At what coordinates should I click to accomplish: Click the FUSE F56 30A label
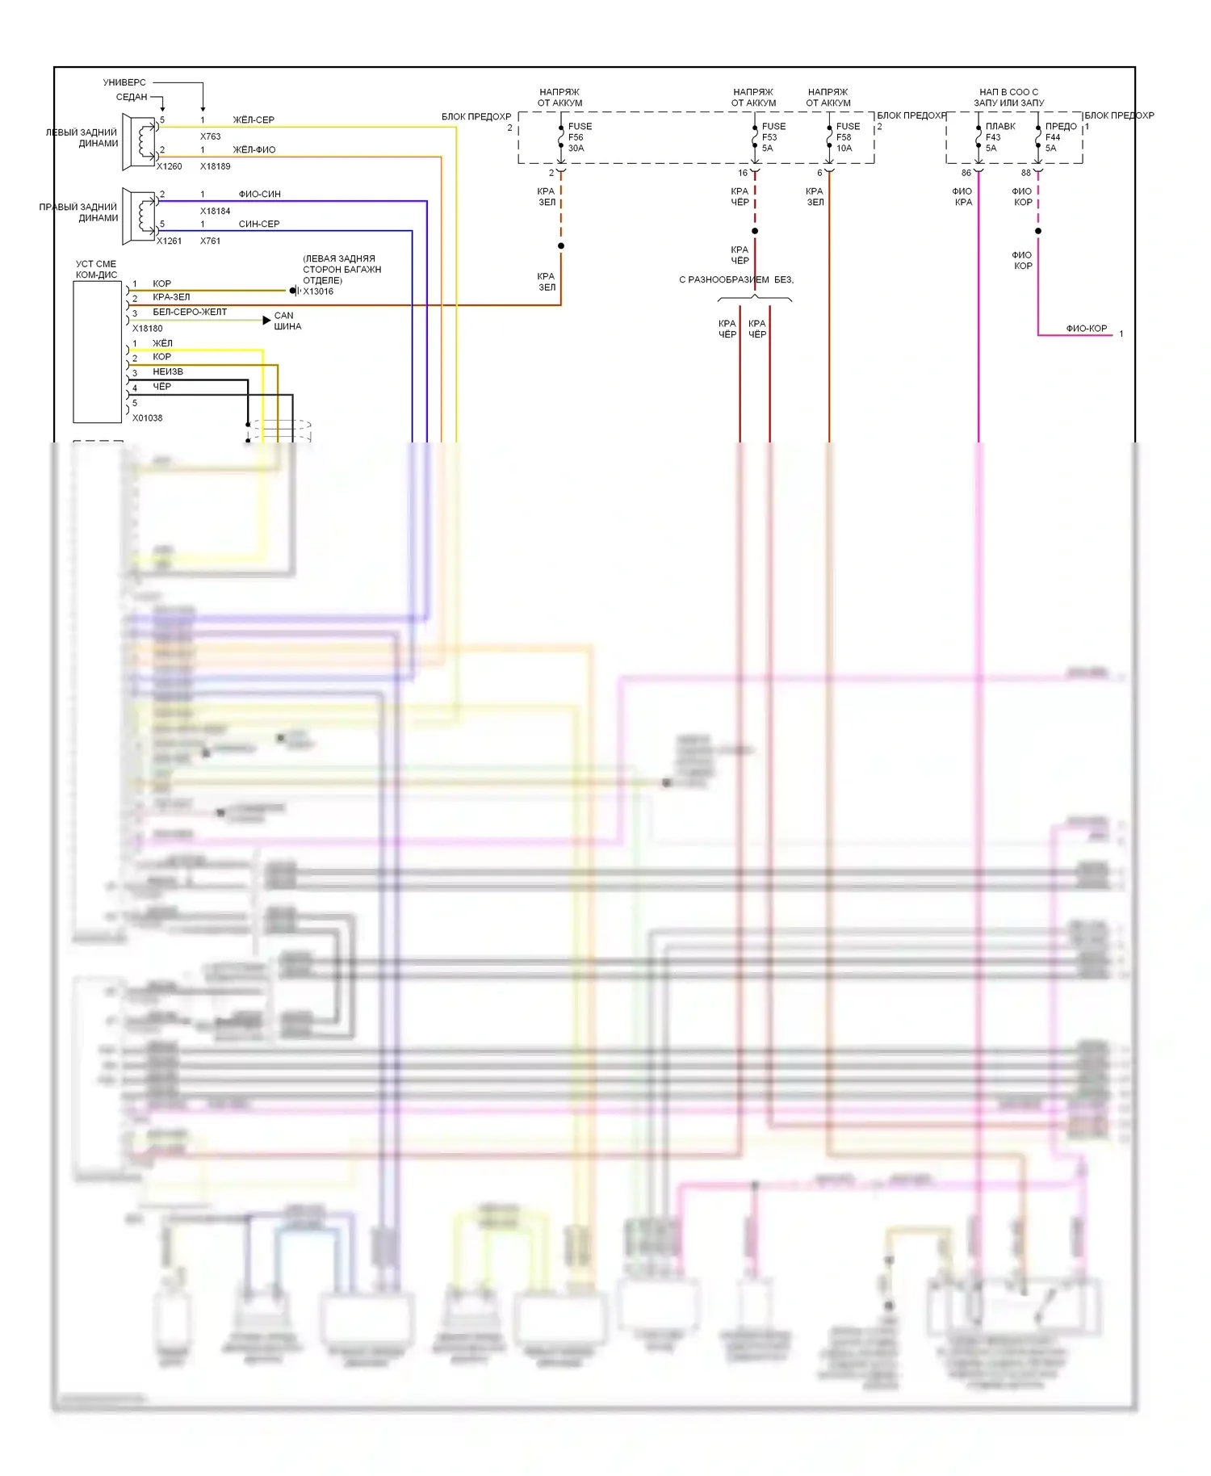point(579,137)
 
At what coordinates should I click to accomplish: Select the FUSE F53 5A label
point(773,137)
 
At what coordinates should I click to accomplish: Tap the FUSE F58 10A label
point(847,137)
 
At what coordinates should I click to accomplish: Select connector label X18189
point(216,166)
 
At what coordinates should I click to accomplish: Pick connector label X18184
point(216,212)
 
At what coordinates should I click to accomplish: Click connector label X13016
point(318,291)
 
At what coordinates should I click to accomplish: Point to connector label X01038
point(148,418)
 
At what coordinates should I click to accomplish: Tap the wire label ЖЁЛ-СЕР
point(254,120)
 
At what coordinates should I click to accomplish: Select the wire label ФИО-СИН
point(259,195)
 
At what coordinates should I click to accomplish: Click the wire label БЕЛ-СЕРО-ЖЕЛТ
point(190,312)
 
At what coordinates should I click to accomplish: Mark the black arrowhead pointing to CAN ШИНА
point(266,321)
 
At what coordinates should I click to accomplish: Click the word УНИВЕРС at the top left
point(124,82)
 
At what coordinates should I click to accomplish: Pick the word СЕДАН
point(132,97)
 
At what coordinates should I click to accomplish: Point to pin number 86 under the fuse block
point(966,173)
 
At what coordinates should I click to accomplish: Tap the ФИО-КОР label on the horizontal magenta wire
point(1086,329)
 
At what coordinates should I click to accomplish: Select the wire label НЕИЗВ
point(168,371)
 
